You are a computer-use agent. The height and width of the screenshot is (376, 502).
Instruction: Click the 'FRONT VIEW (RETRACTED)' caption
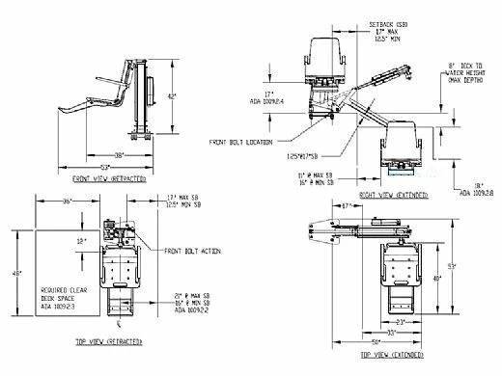tap(108, 179)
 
